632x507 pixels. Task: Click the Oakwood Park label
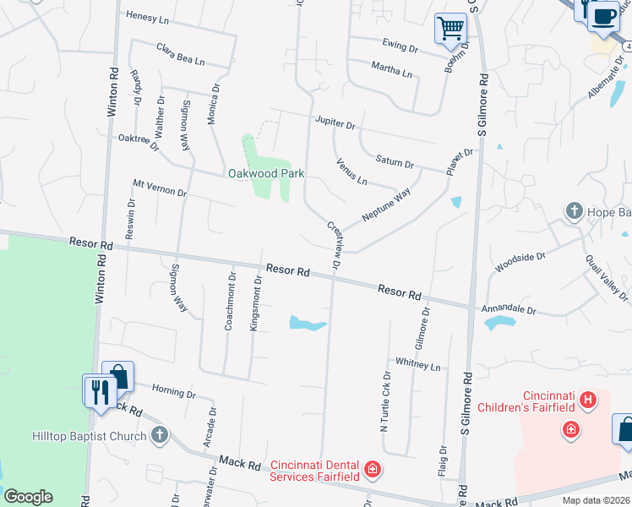coord(265,173)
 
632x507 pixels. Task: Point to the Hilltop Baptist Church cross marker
coord(160,435)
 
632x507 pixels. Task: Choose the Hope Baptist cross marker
coord(574,210)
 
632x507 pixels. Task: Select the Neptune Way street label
coord(385,205)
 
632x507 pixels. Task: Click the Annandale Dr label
coord(509,310)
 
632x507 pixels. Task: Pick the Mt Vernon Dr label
coord(160,187)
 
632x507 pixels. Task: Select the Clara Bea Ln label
coord(180,54)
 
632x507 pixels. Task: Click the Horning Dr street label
coord(174,392)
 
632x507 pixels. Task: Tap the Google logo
coord(28,497)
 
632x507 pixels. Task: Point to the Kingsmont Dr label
coord(256,302)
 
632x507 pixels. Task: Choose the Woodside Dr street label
coord(520,260)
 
